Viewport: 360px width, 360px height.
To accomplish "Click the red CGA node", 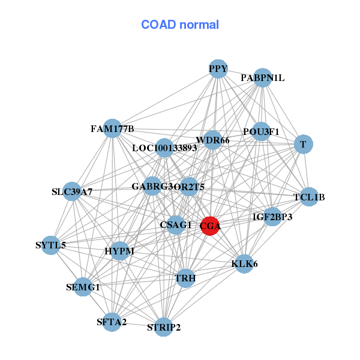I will pyautogui.click(x=209, y=226).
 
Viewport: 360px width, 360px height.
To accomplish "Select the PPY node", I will pyautogui.click(x=218, y=69).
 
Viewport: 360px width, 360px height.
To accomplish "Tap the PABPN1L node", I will pyautogui.click(x=263, y=78).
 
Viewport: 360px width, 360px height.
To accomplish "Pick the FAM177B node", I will pyautogui.click(x=112, y=128).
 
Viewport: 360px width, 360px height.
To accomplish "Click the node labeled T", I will pyautogui.click(x=303, y=144).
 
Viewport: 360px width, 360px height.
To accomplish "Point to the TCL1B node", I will pyautogui.click(x=308, y=197).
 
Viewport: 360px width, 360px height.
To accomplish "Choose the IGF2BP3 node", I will pyautogui.click(x=272, y=217).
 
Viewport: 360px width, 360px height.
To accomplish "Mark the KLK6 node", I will pyautogui.click(x=244, y=263).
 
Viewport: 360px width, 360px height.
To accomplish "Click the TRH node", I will pyautogui.click(x=185, y=278).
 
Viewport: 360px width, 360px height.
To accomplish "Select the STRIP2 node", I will pyautogui.click(x=164, y=327).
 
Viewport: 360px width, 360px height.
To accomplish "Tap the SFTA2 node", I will pyautogui.click(x=112, y=322).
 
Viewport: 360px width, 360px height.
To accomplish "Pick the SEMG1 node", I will pyautogui.click(x=83, y=287).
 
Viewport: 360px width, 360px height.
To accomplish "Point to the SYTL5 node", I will pyautogui.click(x=51, y=245).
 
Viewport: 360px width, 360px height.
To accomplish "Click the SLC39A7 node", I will pyautogui.click(x=72, y=191).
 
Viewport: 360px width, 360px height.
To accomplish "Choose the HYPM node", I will pyautogui.click(x=119, y=250).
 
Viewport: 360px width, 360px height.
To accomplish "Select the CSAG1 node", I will pyautogui.click(x=176, y=225).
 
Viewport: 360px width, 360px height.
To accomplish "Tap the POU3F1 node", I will pyautogui.click(x=261, y=131).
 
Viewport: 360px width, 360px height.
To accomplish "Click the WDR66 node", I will pyautogui.click(x=212, y=140).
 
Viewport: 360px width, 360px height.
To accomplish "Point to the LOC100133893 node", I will pyautogui.click(x=164, y=148).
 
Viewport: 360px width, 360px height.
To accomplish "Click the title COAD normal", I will pyautogui.click(x=180, y=25).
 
